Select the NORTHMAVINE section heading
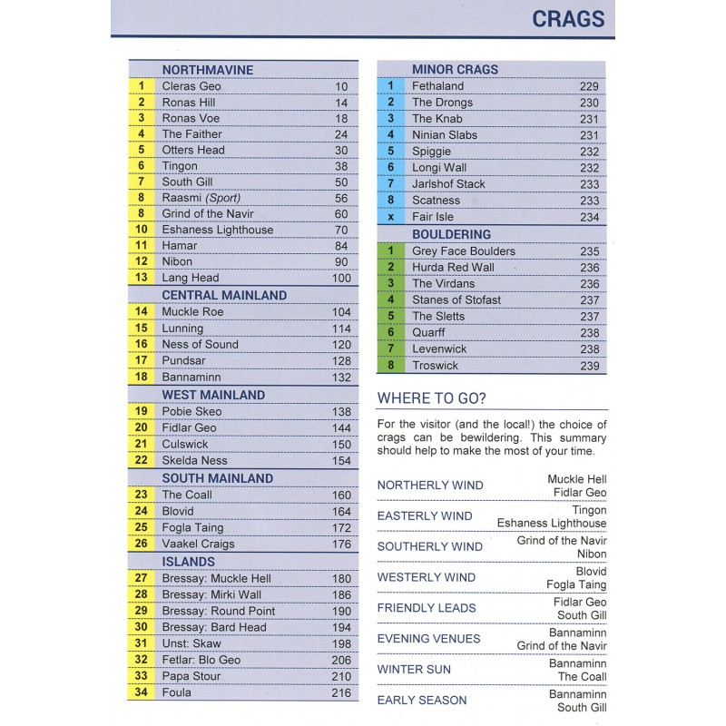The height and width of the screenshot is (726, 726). tap(207, 70)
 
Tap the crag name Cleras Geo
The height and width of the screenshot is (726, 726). tap(191, 86)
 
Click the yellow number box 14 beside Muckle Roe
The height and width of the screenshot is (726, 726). tap(142, 311)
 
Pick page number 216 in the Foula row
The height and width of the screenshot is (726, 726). tap(340, 692)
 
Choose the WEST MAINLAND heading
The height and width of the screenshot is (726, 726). tap(213, 395)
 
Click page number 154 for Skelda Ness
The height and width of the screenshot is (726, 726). tap(340, 460)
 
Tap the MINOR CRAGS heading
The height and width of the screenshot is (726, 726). tap(455, 70)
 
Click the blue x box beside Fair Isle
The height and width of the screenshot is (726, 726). tap(390, 217)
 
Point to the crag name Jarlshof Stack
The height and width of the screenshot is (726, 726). tap(448, 184)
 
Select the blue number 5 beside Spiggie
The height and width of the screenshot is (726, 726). tap(390, 152)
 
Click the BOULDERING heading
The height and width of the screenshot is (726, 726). tap(451, 234)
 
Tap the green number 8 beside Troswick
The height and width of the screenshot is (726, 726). tap(390, 366)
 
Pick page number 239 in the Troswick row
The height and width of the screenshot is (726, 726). tap(590, 366)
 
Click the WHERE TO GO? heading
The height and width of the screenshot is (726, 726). tap(432, 398)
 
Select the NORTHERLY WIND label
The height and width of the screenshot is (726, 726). tap(429, 486)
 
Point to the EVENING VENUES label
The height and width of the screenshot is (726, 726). tap(428, 639)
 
